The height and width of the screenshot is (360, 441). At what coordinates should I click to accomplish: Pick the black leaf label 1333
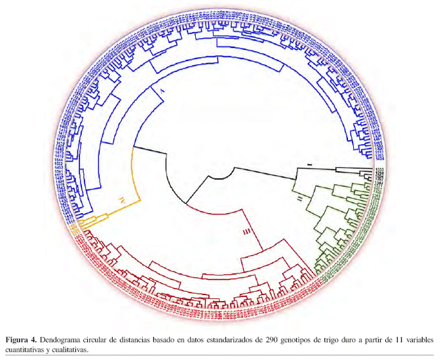click(379, 169)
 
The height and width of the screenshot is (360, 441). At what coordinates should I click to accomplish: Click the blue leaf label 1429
click(379, 158)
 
